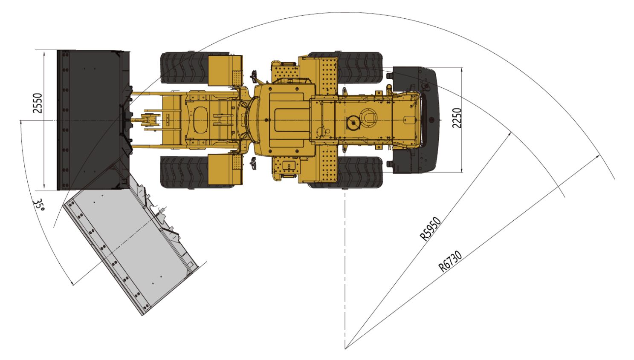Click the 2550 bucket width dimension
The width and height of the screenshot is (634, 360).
(38, 103)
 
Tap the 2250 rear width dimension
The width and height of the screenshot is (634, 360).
(457, 118)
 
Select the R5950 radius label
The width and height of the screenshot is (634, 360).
(430, 229)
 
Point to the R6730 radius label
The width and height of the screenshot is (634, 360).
(450, 261)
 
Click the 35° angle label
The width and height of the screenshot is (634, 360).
(40, 206)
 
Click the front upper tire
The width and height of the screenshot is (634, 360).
(183, 68)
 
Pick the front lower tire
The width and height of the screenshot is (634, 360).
(183, 172)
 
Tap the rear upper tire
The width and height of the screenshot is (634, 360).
(360, 67)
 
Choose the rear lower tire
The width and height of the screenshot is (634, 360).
(360, 173)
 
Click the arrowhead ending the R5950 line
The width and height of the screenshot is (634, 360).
(510, 134)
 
